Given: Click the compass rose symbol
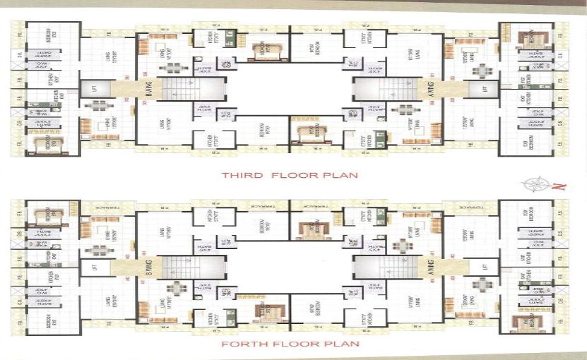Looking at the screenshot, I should click(x=533, y=185).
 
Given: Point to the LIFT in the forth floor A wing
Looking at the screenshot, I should click(x=485, y=267).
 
